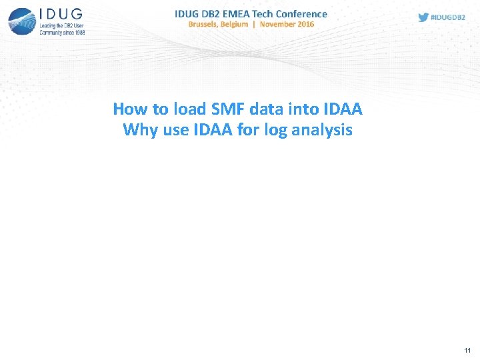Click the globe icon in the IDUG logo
click(x=21, y=21)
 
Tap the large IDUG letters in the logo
click(x=61, y=15)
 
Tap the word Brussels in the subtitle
click(x=209, y=24)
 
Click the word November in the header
click(x=277, y=24)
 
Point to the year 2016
click(x=305, y=24)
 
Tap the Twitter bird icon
click(x=423, y=17)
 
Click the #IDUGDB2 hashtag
click(x=449, y=17)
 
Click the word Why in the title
click(x=139, y=130)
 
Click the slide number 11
click(x=467, y=350)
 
